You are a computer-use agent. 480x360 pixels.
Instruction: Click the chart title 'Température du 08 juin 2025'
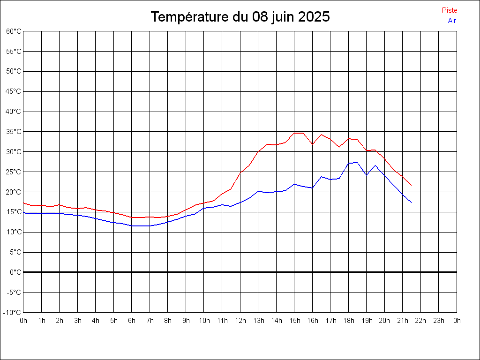pyautogui.click(x=240, y=17)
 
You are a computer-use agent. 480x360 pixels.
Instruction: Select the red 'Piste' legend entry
pyautogui.click(x=450, y=10)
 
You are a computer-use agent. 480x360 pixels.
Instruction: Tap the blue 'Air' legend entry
pyautogui.click(x=452, y=21)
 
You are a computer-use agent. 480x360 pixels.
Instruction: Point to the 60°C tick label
pyautogui.click(x=14, y=31)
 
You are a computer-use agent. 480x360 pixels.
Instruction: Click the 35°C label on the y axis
pyautogui.click(x=14, y=132)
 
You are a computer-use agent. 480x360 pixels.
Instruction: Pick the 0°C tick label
pyautogui.click(x=15, y=272)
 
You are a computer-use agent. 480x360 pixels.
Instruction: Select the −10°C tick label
pyautogui.click(x=13, y=312)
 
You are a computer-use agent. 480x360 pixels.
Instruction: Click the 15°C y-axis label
pyautogui.click(x=14, y=212)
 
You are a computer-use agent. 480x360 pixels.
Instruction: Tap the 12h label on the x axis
pyautogui.click(x=240, y=321)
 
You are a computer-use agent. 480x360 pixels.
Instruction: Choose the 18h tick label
pyautogui.click(x=348, y=321)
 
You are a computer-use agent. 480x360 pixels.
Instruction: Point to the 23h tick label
pyautogui.click(x=439, y=321)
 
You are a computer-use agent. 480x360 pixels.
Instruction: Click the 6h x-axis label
pyautogui.click(x=132, y=321)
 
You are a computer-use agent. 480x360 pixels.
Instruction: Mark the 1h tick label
pyautogui.click(x=41, y=321)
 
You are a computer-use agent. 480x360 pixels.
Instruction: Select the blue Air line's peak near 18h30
pyautogui.click(x=357, y=163)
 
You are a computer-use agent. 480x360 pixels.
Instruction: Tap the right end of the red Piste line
pyautogui.click(x=411, y=185)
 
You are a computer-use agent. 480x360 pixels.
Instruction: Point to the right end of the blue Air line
pyautogui.click(x=411, y=202)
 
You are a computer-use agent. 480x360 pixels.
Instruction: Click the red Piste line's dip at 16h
pyautogui.click(x=312, y=144)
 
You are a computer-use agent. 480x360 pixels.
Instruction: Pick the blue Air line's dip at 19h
pyautogui.click(x=366, y=175)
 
